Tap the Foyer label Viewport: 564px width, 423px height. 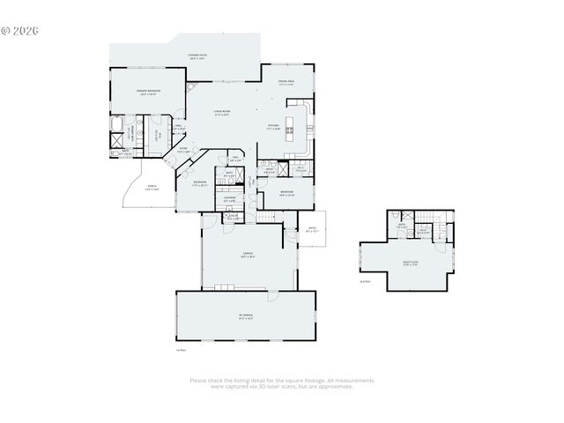182,150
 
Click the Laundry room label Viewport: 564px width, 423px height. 229,199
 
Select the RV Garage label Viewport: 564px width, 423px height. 245,315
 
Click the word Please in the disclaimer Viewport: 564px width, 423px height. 198,381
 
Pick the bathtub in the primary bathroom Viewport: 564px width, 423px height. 118,123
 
